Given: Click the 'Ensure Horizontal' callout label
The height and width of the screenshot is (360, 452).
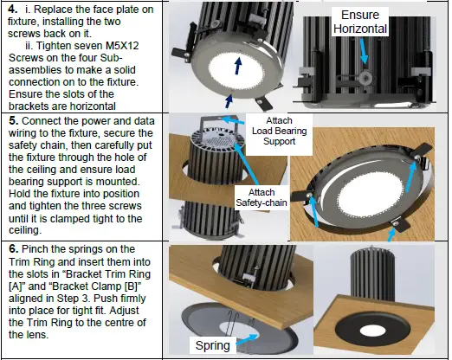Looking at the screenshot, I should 359,22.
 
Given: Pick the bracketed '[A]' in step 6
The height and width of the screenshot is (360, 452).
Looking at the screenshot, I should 16,276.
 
